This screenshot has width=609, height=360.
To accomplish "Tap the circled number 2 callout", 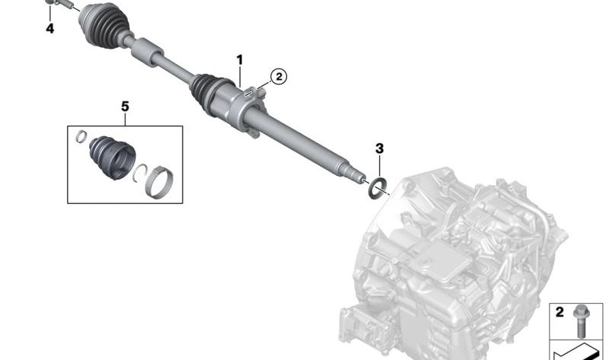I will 278,76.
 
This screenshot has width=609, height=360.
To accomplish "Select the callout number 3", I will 378,148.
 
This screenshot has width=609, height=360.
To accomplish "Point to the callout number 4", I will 49,29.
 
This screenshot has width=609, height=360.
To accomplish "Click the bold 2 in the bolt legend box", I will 559,312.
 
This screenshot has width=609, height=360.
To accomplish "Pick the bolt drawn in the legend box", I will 581,317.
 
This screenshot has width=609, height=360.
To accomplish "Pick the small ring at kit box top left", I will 80,137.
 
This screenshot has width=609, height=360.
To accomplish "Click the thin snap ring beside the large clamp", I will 140,175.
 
